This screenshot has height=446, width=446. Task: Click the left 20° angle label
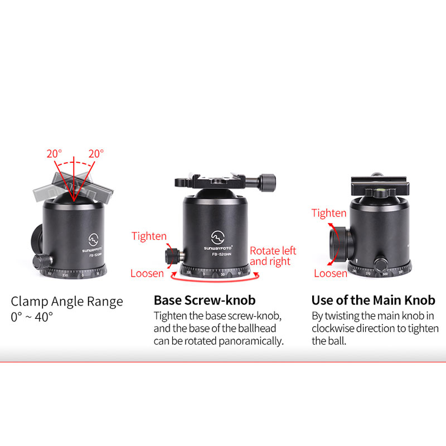(54, 154)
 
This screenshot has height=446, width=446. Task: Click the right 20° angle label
(96, 154)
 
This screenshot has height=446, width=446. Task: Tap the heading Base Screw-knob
(205, 300)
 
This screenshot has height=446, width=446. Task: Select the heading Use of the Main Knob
(373, 300)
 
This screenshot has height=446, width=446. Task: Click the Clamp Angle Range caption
(67, 302)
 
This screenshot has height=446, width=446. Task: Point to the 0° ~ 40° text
(32, 317)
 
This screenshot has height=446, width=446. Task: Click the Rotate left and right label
(273, 256)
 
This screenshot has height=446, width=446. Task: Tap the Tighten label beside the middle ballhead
(149, 236)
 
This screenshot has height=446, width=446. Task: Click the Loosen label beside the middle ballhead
(147, 273)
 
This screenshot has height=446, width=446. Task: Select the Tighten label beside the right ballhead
(329, 213)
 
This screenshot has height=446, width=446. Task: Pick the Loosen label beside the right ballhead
(331, 273)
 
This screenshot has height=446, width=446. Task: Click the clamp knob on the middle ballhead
(268, 182)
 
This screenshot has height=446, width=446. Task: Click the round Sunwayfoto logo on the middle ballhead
(217, 237)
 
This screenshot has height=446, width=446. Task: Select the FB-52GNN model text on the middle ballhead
(221, 254)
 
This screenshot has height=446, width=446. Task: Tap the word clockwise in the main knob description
(333, 328)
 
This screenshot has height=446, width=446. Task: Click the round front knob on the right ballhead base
(380, 265)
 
